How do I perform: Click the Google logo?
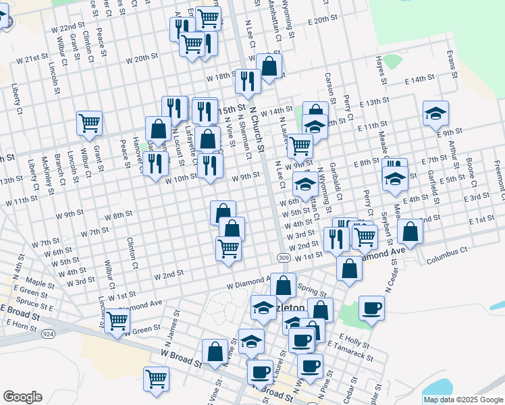point(22,397)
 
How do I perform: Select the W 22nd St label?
point(67,29)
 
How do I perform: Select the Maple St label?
point(40,281)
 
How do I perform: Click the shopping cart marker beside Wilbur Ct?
point(89,123)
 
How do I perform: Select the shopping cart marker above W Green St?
point(117,320)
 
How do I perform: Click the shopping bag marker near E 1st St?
point(410,232)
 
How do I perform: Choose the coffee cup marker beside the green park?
point(371,308)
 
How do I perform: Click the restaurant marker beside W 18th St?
point(248,80)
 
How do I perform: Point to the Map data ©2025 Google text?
point(463,400)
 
